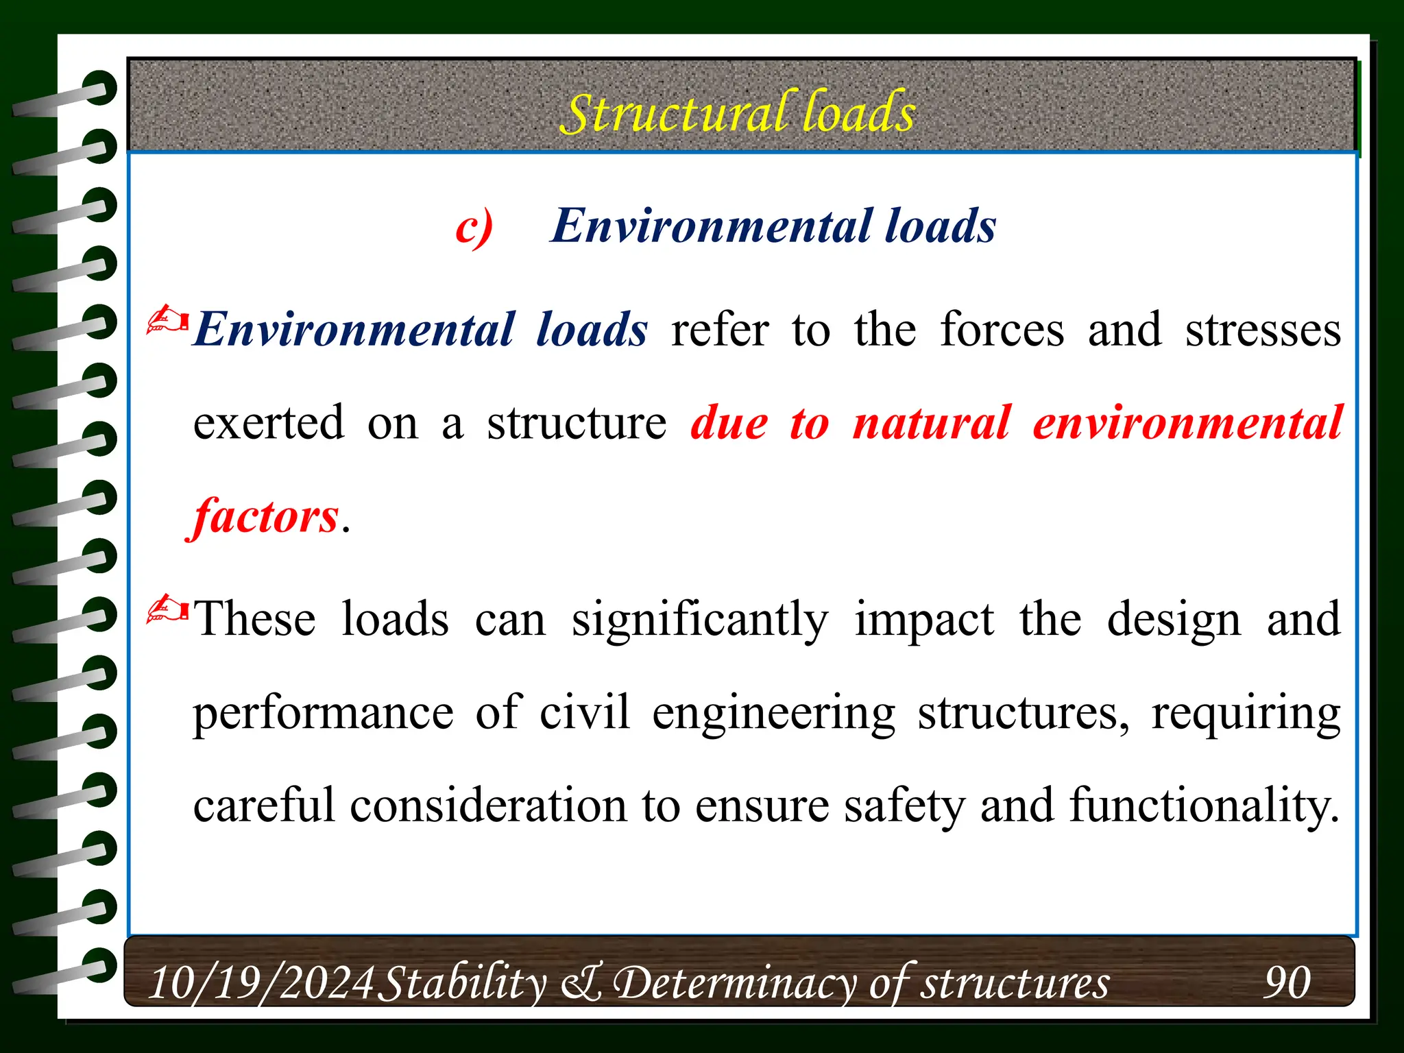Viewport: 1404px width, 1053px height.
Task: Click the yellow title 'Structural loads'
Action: (x=738, y=112)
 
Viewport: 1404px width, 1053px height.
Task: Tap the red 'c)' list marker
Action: (x=474, y=227)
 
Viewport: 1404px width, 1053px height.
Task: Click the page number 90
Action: (x=1287, y=982)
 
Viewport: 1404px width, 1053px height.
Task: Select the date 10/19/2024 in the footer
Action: (x=261, y=982)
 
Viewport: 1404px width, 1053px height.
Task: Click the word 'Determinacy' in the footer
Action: (x=734, y=982)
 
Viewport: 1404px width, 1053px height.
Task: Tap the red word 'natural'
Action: (x=931, y=422)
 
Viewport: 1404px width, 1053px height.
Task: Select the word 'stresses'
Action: (x=1263, y=330)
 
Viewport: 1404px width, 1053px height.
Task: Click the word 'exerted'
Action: (x=268, y=422)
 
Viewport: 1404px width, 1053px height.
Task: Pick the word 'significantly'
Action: (x=700, y=620)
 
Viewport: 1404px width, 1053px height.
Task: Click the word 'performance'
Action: (x=323, y=713)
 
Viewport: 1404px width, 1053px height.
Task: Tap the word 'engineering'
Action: (x=773, y=713)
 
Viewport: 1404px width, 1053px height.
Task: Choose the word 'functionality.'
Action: (x=1204, y=805)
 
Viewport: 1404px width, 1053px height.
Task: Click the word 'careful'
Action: (x=265, y=805)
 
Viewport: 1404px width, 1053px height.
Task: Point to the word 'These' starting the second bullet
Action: (x=255, y=620)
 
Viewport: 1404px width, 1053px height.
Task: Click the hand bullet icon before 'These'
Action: (x=167, y=609)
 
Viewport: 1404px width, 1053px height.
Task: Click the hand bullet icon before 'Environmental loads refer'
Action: (x=167, y=320)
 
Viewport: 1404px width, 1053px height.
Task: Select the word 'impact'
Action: (x=923, y=620)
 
